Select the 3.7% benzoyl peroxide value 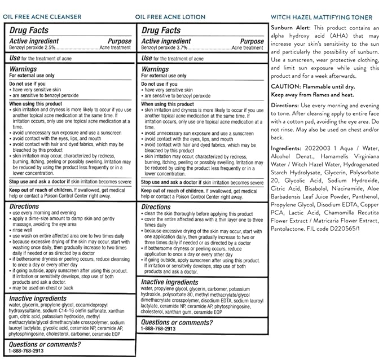pyautogui.click(x=182, y=49)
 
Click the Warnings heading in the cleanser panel pyautogui.click(x=25, y=67)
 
